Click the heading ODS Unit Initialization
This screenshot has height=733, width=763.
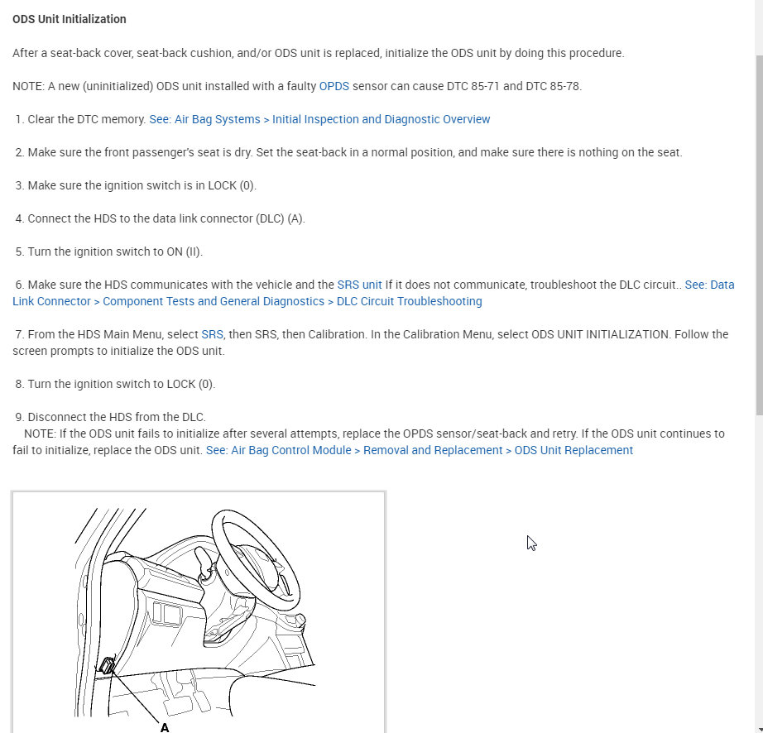tap(70, 19)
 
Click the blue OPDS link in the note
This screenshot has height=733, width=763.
tap(334, 86)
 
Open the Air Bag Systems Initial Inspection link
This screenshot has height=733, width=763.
tap(319, 119)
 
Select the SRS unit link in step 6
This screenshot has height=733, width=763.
tap(359, 285)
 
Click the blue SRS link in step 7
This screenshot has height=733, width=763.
tap(212, 334)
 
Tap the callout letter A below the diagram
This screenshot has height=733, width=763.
tap(165, 727)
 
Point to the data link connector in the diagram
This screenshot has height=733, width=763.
tap(107, 667)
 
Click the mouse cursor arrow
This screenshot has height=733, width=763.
tap(531, 543)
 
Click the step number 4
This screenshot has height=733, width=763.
tap(19, 218)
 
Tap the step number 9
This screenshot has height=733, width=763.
tap(19, 417)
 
